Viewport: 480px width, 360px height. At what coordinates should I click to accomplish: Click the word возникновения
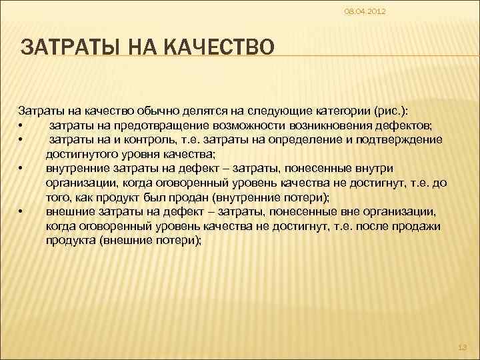coord(323,126)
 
